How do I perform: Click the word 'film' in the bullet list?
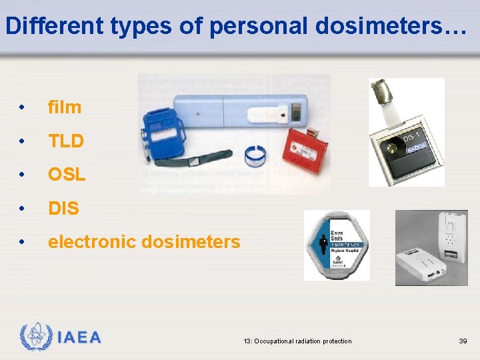pyautogui.click(x=64, y=107)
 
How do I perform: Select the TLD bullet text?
pyautogui.click(x=65, y=141)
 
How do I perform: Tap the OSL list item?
pyautogui.click(x=67, y=175)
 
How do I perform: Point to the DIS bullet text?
pyautogui.click(x=63, y=209)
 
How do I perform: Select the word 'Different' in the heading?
pyautogui.click(x=46, y=25)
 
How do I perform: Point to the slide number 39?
pyautogui.click(x=463, y=341)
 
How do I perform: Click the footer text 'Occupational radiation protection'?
pyautogui.click(x=306, y=341)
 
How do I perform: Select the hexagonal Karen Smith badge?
pyautogui.click(x=336, y=245)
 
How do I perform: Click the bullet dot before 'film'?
pyautogui.click(x=23, y=107)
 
